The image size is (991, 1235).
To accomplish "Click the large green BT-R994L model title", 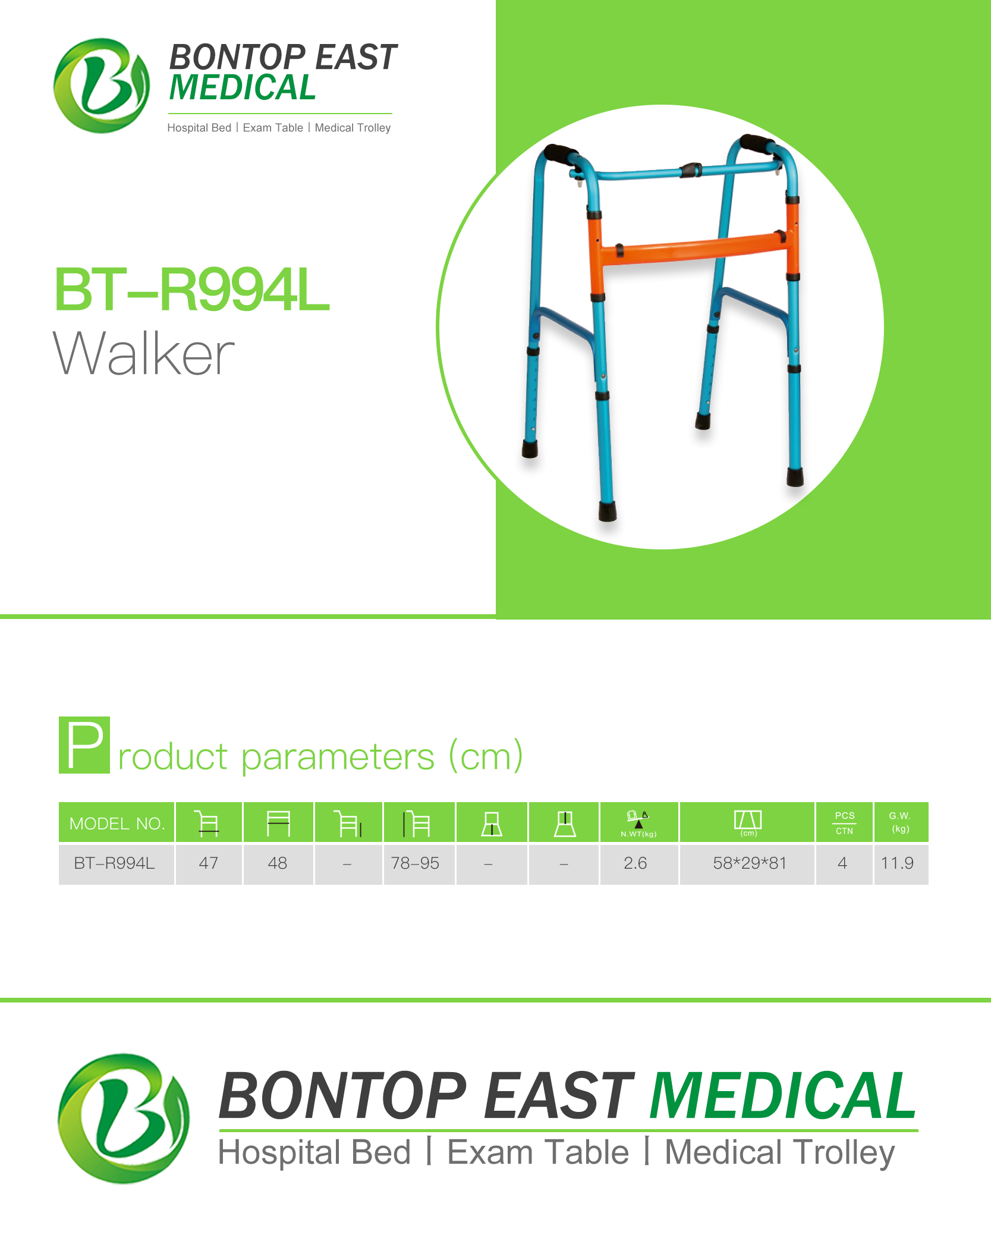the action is coord(191,290).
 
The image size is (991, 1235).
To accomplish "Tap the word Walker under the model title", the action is coord(144,354).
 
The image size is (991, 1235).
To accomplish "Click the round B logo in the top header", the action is coord(102,86).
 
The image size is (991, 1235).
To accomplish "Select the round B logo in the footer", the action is coord(124,1118).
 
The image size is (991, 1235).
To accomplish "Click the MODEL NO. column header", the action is coord(117,823).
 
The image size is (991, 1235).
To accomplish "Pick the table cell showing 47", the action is coord(209,863).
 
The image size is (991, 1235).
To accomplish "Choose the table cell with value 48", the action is coord(278,863).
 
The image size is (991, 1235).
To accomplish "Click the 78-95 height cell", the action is coord(416,863).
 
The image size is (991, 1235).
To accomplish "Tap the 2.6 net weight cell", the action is coord(636,863).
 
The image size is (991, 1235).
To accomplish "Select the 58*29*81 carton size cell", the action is coord(750,863).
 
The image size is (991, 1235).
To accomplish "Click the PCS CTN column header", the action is coord(844,823).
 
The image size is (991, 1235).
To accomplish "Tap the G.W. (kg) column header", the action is coord(901,822).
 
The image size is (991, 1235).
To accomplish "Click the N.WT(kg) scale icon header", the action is coord(639,823).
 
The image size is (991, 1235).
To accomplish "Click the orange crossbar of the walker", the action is coord(693,248).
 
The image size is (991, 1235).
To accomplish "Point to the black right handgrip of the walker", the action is coord(757,144).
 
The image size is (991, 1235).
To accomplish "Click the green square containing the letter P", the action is coord(84,745).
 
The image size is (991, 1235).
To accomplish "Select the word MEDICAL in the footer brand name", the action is coord(783,1095).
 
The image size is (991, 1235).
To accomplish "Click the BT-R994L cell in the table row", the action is coord(115,863).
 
